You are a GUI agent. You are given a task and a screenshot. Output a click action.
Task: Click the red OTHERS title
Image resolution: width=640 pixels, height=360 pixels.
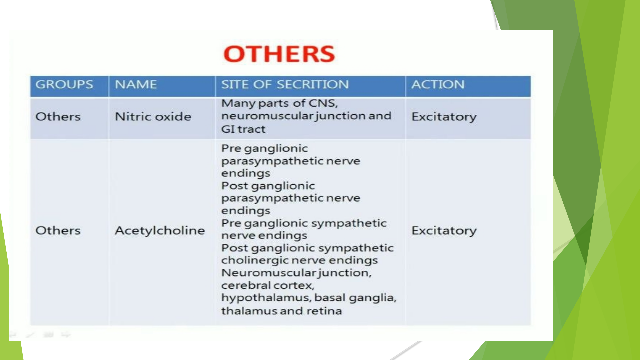[279, 54]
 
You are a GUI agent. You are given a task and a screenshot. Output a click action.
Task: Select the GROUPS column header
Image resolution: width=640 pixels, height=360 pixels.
[64, 85]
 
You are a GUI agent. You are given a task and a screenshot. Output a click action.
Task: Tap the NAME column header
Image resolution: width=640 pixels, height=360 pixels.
[136, 85]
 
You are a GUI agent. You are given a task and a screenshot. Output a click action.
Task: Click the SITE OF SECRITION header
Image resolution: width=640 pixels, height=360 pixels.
[285, 85]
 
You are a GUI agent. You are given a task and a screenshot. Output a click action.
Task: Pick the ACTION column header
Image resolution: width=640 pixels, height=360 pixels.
[438, 85]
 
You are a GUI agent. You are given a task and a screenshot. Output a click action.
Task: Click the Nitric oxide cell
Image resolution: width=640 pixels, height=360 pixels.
[153, 117]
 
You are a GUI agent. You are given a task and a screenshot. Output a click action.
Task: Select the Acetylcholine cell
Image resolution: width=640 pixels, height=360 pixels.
[160, 230]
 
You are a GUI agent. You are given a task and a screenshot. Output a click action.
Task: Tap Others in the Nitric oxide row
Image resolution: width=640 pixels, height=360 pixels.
[58, 117]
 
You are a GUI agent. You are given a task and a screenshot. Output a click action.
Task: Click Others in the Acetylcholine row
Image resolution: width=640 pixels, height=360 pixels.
[58, 230]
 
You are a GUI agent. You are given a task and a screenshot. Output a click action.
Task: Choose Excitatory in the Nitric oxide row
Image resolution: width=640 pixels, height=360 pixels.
[444, 117]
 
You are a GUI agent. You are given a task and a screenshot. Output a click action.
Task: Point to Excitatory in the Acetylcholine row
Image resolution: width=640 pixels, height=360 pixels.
[444, 231]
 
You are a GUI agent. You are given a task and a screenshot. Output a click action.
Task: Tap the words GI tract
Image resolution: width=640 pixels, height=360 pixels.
[243, 129]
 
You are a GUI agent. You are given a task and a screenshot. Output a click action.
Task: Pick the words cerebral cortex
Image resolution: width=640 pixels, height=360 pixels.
[268, 285]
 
